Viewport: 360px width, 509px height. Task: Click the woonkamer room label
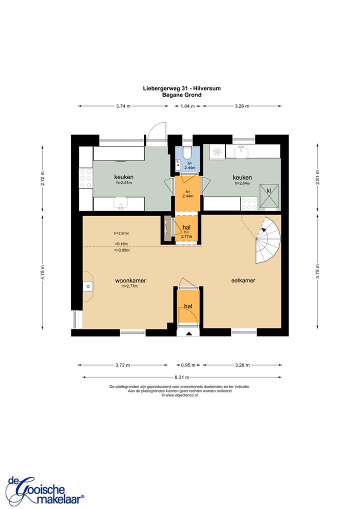pos(130,280)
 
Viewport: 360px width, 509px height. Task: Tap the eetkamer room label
pos(243,280)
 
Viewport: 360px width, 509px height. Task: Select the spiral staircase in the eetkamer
pos(268,240)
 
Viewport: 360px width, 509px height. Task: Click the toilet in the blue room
pos(187,151)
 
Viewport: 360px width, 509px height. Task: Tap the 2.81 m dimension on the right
pos(318,177)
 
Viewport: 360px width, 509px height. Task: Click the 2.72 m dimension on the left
pos(42,178)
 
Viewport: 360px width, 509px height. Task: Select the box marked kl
pos(269,195)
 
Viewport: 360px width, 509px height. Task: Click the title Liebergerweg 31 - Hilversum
pos(182,88)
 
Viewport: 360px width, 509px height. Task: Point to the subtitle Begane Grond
pos(182,95)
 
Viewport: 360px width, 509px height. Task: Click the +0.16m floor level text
pos(121,244)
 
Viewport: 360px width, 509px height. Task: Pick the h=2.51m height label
pos(124,183)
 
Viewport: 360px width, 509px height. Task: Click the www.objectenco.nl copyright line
pos(179,395)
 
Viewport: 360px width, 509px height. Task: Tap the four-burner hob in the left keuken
pos(85,178)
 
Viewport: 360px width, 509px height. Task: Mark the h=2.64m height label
pos(242,183)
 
